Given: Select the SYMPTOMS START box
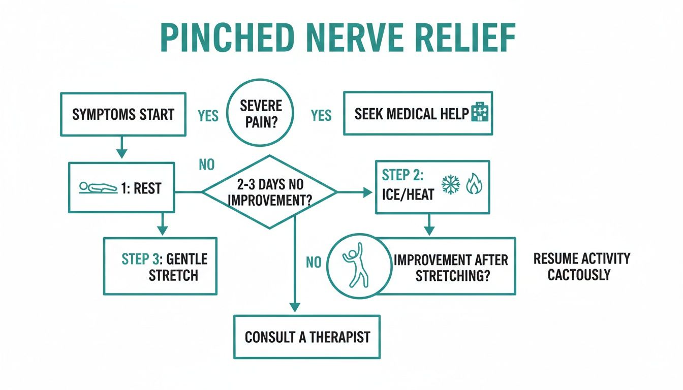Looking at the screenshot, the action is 123,114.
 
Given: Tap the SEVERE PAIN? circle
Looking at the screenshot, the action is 260,113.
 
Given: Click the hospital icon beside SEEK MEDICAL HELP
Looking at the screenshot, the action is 479,113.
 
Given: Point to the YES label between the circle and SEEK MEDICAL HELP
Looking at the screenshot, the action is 321,116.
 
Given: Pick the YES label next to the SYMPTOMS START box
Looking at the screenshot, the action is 208,116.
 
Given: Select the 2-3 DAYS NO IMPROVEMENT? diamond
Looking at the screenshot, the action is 269,192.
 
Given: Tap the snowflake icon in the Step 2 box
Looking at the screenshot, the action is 450,185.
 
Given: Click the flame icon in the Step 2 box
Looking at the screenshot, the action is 473,185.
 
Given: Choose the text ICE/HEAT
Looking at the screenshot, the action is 409,194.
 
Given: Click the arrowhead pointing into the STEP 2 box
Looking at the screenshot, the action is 368,192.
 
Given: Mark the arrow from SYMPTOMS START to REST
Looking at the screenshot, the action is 121,148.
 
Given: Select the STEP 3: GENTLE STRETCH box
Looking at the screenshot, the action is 161,266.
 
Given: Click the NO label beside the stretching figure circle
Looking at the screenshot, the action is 314,263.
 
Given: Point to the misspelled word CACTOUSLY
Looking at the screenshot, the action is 579,275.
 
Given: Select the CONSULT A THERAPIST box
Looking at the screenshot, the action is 307,337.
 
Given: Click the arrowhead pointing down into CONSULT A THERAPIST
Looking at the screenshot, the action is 295,308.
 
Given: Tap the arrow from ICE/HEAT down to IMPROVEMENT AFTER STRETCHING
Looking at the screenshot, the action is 429,225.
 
